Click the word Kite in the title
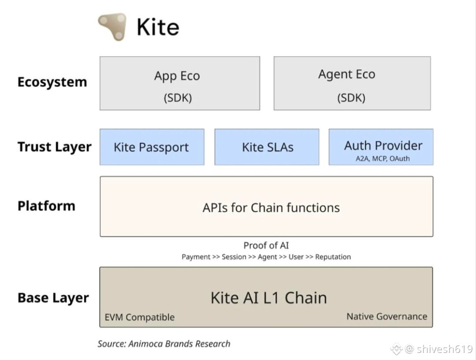click(158, 27)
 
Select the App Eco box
click(180, 83)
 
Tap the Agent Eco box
click(352, 83)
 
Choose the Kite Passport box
click(152, 147)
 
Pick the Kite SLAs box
click(267, 147)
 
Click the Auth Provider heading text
click(383, 146)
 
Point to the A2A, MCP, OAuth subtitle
click(383, 158)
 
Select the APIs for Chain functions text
click(271, 208)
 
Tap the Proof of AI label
click(266, 245)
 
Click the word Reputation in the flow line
click(333, 257)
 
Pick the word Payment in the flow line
click(196, 257)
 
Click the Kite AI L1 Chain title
click(269, 298)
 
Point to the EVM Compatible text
click(140, 318)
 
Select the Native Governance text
click(387, 317)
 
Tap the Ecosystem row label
click(52, 82)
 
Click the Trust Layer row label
click(54, 147)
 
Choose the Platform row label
click(46, 206)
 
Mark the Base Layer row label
click(53, 298)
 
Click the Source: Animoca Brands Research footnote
click(164, 344)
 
